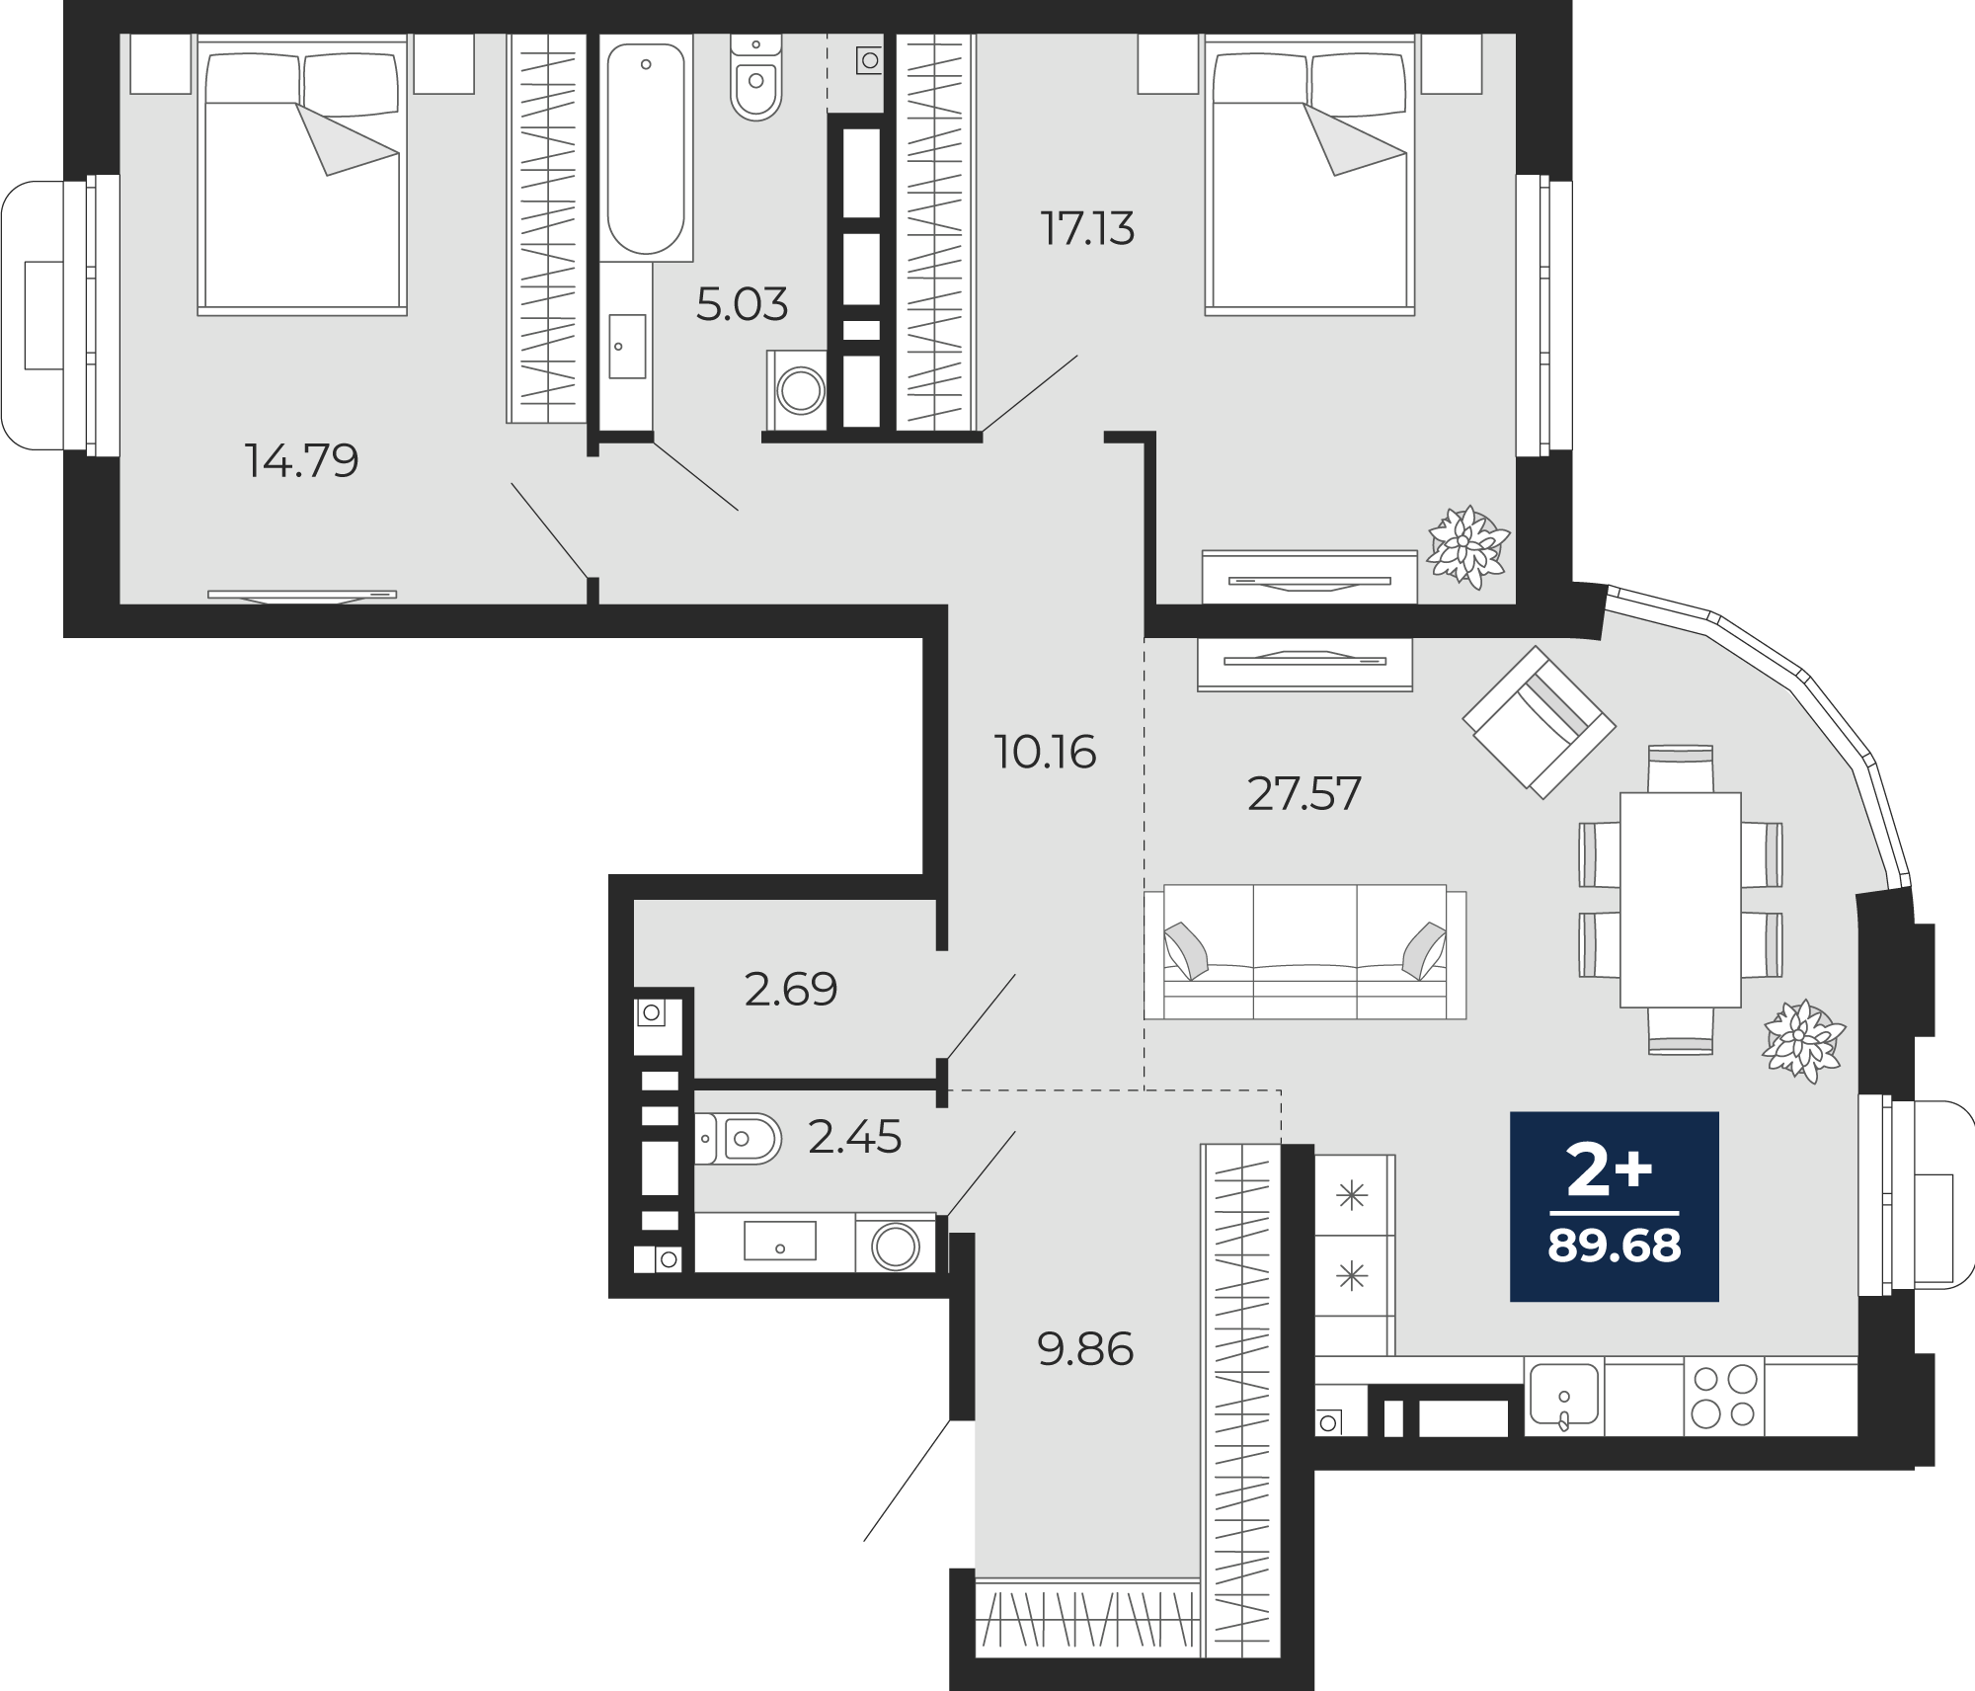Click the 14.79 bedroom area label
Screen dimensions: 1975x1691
(x=301, y=460)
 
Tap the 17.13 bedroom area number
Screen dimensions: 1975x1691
(x=1087, y=228)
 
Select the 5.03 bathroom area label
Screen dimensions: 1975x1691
(x=742, y=304)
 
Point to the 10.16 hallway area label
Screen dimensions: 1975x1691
(x=1045, y=752)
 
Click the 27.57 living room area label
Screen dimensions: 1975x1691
(x=1303, y=793)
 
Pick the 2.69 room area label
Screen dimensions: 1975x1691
(x=791, y=989)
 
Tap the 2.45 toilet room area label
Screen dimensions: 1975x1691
(x=854, y=1137)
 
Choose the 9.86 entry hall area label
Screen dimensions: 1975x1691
(x=1085, y=1349)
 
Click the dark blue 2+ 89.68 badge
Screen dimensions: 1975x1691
(x=1615, y=1206)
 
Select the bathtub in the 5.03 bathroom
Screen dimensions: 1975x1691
(x=646, y=148)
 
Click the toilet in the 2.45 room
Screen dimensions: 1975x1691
(x=738, y=1139)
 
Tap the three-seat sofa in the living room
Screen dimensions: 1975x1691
(x=1304, y=951)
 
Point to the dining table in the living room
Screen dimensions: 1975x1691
(x=1680, y=900)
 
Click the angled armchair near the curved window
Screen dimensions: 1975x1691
(x=1539, y=722)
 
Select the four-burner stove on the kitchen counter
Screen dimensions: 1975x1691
(x=1723, y=1397)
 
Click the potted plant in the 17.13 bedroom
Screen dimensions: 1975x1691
(x=1468, y=546)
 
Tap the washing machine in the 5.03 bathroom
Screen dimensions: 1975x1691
(x=798, y=390)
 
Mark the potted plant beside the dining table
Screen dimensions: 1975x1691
(x=1804, y=1041)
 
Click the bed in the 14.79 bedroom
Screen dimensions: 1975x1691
(x=302, y=175)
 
